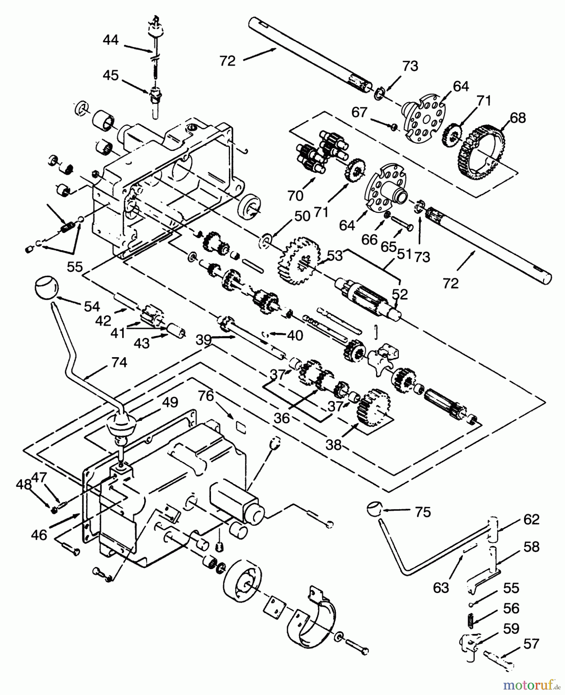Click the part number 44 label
click(111, 40)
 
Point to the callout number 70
click(295, 196)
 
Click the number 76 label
click(206, 397)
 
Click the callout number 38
click(334, 444)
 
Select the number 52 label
click(400, 294)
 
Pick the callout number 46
click(39, 535)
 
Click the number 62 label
click(531, 519)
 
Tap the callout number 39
click(204, 339)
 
